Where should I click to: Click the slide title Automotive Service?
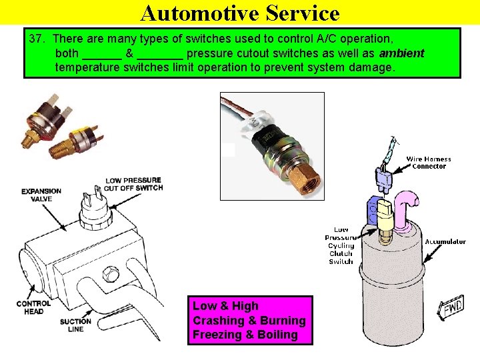tap(240, 13)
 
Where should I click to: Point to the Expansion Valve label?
tap(41, 195)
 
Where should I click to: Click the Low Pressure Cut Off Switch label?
tap(133, 184)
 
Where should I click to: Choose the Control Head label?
tap(33, 307)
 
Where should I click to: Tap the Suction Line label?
tap(75, 325)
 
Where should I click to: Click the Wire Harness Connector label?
tap(429, 163)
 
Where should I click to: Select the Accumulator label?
tap(445, 242)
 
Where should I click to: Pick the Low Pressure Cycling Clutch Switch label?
tap(341, 245)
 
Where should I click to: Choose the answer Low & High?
tap(225, 306)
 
